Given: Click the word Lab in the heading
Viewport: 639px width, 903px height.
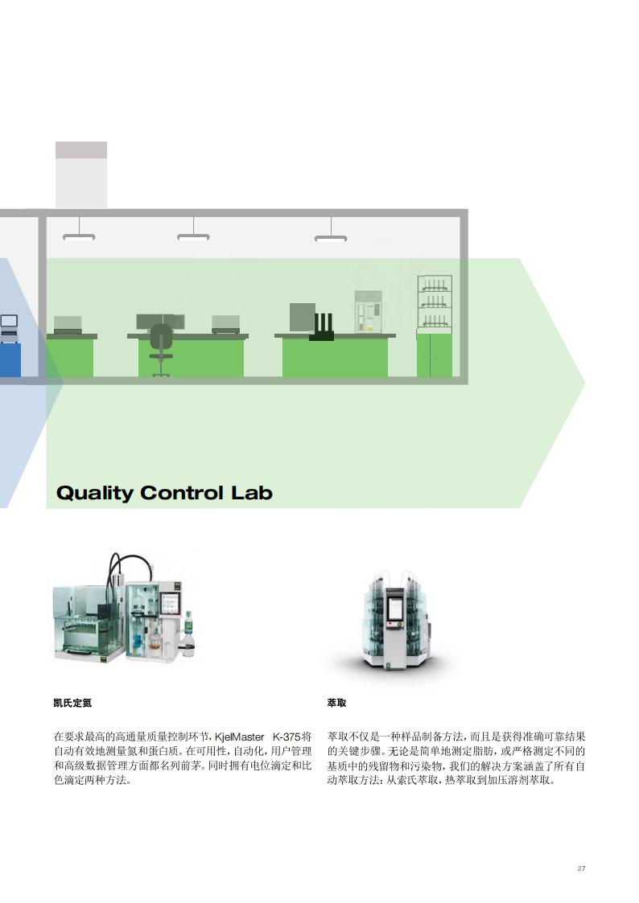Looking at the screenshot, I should point(252,493).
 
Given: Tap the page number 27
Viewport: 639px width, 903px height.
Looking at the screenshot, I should point(581,868).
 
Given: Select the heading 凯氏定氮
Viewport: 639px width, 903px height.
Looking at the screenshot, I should point(72,703).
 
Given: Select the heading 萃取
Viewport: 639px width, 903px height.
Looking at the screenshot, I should point(337,703).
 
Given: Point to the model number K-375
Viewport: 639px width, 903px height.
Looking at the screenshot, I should point(287,737).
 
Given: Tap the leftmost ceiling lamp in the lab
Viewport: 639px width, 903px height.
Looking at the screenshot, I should point(79,236).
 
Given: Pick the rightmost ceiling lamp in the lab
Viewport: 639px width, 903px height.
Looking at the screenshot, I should point(331,237).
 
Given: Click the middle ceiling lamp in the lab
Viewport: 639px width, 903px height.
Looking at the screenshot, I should point(193,236).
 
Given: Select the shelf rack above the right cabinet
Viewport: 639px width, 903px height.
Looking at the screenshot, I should point(434,304).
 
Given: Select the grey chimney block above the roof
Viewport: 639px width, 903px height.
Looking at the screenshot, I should point(81,174).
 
